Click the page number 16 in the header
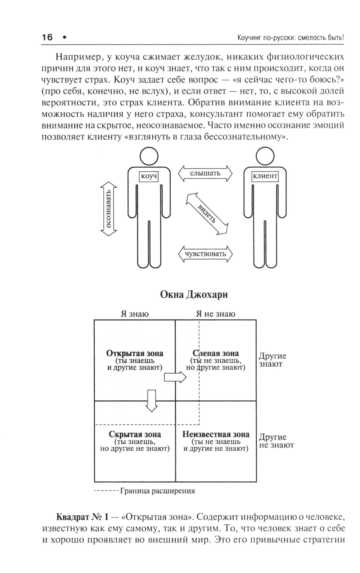point(47,37)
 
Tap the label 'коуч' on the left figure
point(149,176)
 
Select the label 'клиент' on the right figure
point(265,176)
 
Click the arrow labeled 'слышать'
point(205,173)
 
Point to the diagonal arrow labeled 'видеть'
point(207,214)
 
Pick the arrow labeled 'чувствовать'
point(206,254)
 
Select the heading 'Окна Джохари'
point(194,295)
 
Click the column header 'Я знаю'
point(135,314)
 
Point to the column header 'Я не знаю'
point(216,314)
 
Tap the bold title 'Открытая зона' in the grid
point(135,353)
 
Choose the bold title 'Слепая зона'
point(216,353)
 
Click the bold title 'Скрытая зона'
point(135,434)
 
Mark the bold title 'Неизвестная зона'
point(216,434)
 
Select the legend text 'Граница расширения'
point(158,491)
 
